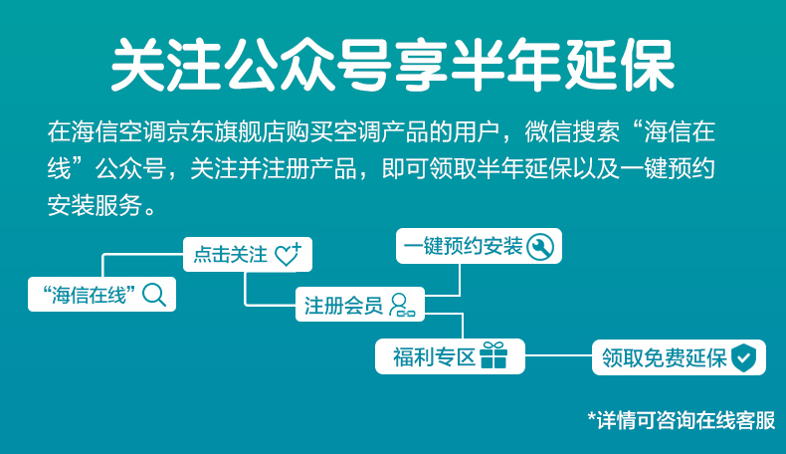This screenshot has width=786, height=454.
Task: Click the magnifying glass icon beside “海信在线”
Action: (x=154, y=295)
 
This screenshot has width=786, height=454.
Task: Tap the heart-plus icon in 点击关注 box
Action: (x=289, y=254)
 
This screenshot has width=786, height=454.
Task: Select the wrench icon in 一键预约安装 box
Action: (x=540, y=246)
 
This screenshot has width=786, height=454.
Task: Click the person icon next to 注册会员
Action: (x=402, y=305)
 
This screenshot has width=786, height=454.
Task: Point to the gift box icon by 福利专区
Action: (x=493, y=355)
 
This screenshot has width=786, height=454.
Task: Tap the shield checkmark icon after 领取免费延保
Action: (x=743, y=357)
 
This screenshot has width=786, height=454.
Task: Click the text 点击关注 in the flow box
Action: (x=231, y=254)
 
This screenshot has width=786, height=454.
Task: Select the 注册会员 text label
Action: (x=344, y=306)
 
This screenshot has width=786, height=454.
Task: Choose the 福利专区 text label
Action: (x=434, y=357)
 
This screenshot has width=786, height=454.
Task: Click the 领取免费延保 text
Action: (x=665, y=358)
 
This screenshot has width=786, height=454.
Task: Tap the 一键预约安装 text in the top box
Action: (x=463, y=246)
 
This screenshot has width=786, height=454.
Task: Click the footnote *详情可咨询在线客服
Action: (x=682, y=420)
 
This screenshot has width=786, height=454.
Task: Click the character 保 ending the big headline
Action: (x=647, y=64)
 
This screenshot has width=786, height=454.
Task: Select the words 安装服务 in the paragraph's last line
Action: (x=95, y=206)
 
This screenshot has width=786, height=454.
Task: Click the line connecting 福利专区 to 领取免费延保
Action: (x=558, y=355)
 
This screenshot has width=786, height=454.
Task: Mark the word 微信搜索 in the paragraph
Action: (x=572, y=132)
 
